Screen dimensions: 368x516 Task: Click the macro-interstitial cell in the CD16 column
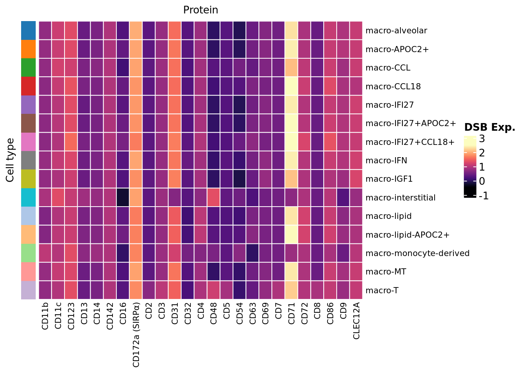click(123, 197)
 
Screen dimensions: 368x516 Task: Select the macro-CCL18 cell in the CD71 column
click(291, 86)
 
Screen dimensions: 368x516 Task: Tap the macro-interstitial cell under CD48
click(214, 197)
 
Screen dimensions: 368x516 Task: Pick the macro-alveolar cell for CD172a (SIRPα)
click(136, 30)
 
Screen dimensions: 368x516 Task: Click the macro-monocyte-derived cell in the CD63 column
click(253, 253)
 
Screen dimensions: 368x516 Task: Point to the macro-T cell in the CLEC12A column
click(356, 290)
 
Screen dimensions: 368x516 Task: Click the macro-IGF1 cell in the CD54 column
click(240, 179)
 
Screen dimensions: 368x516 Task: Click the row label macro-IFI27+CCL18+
click(410, 142)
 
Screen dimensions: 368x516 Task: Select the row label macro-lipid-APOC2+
click(407, 235)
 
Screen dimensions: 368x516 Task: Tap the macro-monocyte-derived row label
click(417, 253)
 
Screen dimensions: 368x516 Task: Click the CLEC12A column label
click(356, 320)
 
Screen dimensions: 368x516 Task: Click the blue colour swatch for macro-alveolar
click(28, 30)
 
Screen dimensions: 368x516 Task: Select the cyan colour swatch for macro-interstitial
click(28, 197)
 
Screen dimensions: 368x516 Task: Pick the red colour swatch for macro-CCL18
click(28, 86)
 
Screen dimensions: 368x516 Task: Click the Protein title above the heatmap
click(200, 10)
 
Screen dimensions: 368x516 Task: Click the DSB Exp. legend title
click(490, 128)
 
